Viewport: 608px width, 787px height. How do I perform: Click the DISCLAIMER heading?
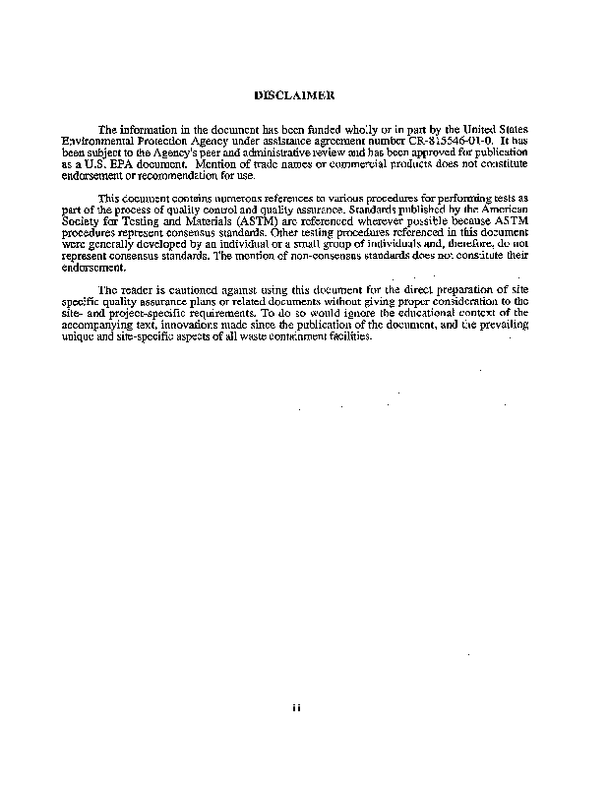click(x=294, y=95)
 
